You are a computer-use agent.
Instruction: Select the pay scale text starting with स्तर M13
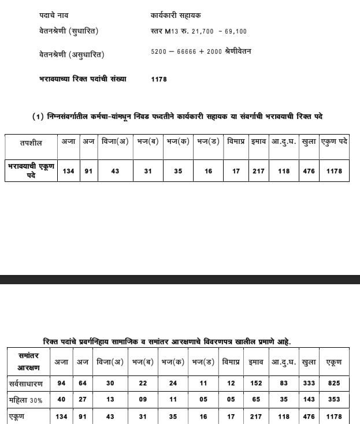[198, 31]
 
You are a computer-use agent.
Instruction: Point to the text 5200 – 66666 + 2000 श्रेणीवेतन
[201, 51]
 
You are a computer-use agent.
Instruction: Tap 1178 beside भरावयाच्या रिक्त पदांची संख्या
[159, 79]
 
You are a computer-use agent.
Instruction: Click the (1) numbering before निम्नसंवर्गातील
[38, 117]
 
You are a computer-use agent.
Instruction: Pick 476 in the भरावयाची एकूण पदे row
[309, 171]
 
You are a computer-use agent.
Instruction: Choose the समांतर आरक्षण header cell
[28, 362]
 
